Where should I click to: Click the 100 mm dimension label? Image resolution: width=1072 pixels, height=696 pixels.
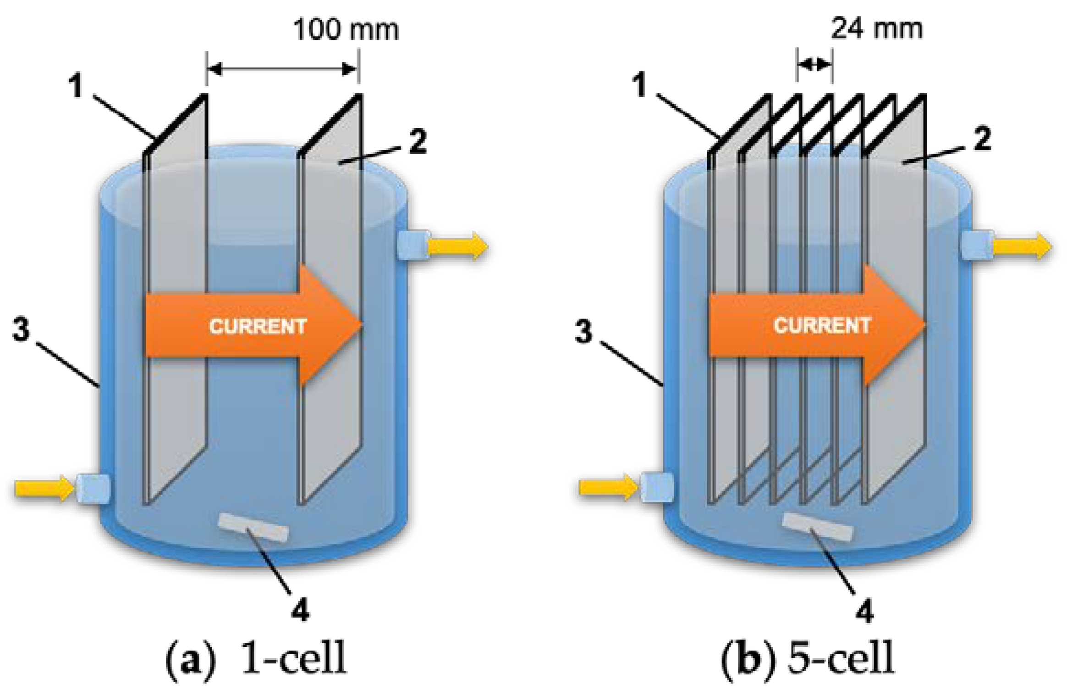click(x=346, y=30)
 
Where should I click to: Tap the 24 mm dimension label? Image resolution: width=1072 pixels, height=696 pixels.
click(x=876, y=28)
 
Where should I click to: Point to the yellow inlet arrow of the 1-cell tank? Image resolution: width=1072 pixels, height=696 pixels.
click(x=44, y=488)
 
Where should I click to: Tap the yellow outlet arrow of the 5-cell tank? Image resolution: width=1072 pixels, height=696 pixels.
click(x=1022, y=246)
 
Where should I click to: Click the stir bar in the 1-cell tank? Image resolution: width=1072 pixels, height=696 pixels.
click(x=253, y=528)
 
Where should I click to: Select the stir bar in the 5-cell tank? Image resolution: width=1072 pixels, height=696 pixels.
click(x=817, y=527)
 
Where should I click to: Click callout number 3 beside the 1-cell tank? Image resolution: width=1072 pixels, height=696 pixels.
click(x=21, y=329)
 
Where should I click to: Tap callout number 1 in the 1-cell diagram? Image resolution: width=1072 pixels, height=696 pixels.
click(x=76, y=85)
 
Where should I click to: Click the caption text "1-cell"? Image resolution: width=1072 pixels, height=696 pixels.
click(x=294, y=658)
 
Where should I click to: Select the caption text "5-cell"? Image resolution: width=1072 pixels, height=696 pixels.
click(x=841, y=658)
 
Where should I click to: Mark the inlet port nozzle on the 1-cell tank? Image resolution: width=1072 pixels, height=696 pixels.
click(x=93, y=489)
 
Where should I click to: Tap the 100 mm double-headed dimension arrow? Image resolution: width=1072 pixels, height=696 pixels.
click(x=282, y=69)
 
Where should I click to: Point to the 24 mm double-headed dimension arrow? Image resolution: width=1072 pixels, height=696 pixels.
click(x=814, y=65)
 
